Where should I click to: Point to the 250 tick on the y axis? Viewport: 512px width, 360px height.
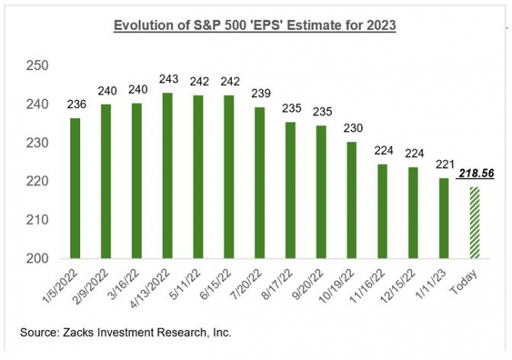click(x=39, y=66)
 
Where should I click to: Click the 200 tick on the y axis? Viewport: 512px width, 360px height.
click(x=39, y=258)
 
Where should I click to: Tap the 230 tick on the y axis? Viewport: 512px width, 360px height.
click(x=39, y=143)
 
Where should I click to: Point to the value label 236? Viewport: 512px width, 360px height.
click(x=76, y=104)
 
